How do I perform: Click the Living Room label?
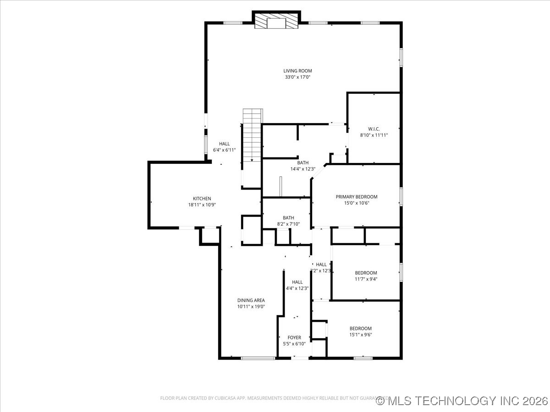[x=297, y=71]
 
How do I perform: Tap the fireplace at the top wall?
[x=276, y=22]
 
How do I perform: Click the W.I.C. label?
[x=374, y=129]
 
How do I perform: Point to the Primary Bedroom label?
[x=357, y=197]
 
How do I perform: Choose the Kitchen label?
[x=202, y=199]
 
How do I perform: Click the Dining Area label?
[x=251, y=300]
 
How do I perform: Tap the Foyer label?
[x=294, y=337]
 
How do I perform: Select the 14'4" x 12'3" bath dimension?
[x=302, y=169]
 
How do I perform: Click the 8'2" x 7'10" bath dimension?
[x=288, y=224]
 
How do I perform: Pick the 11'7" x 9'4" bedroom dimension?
[x=366, y=279]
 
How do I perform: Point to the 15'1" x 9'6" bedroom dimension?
[x=360, y=334]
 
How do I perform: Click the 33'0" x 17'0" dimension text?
[x=297, y=77]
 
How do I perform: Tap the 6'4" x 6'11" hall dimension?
[x=224, y=150]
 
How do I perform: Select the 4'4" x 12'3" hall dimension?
[x=297, y=288]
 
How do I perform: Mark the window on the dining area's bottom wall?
[x=251, y=358]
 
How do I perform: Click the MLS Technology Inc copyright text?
[x=462, y=401]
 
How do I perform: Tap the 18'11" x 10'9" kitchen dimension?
[x=202, y=205]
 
